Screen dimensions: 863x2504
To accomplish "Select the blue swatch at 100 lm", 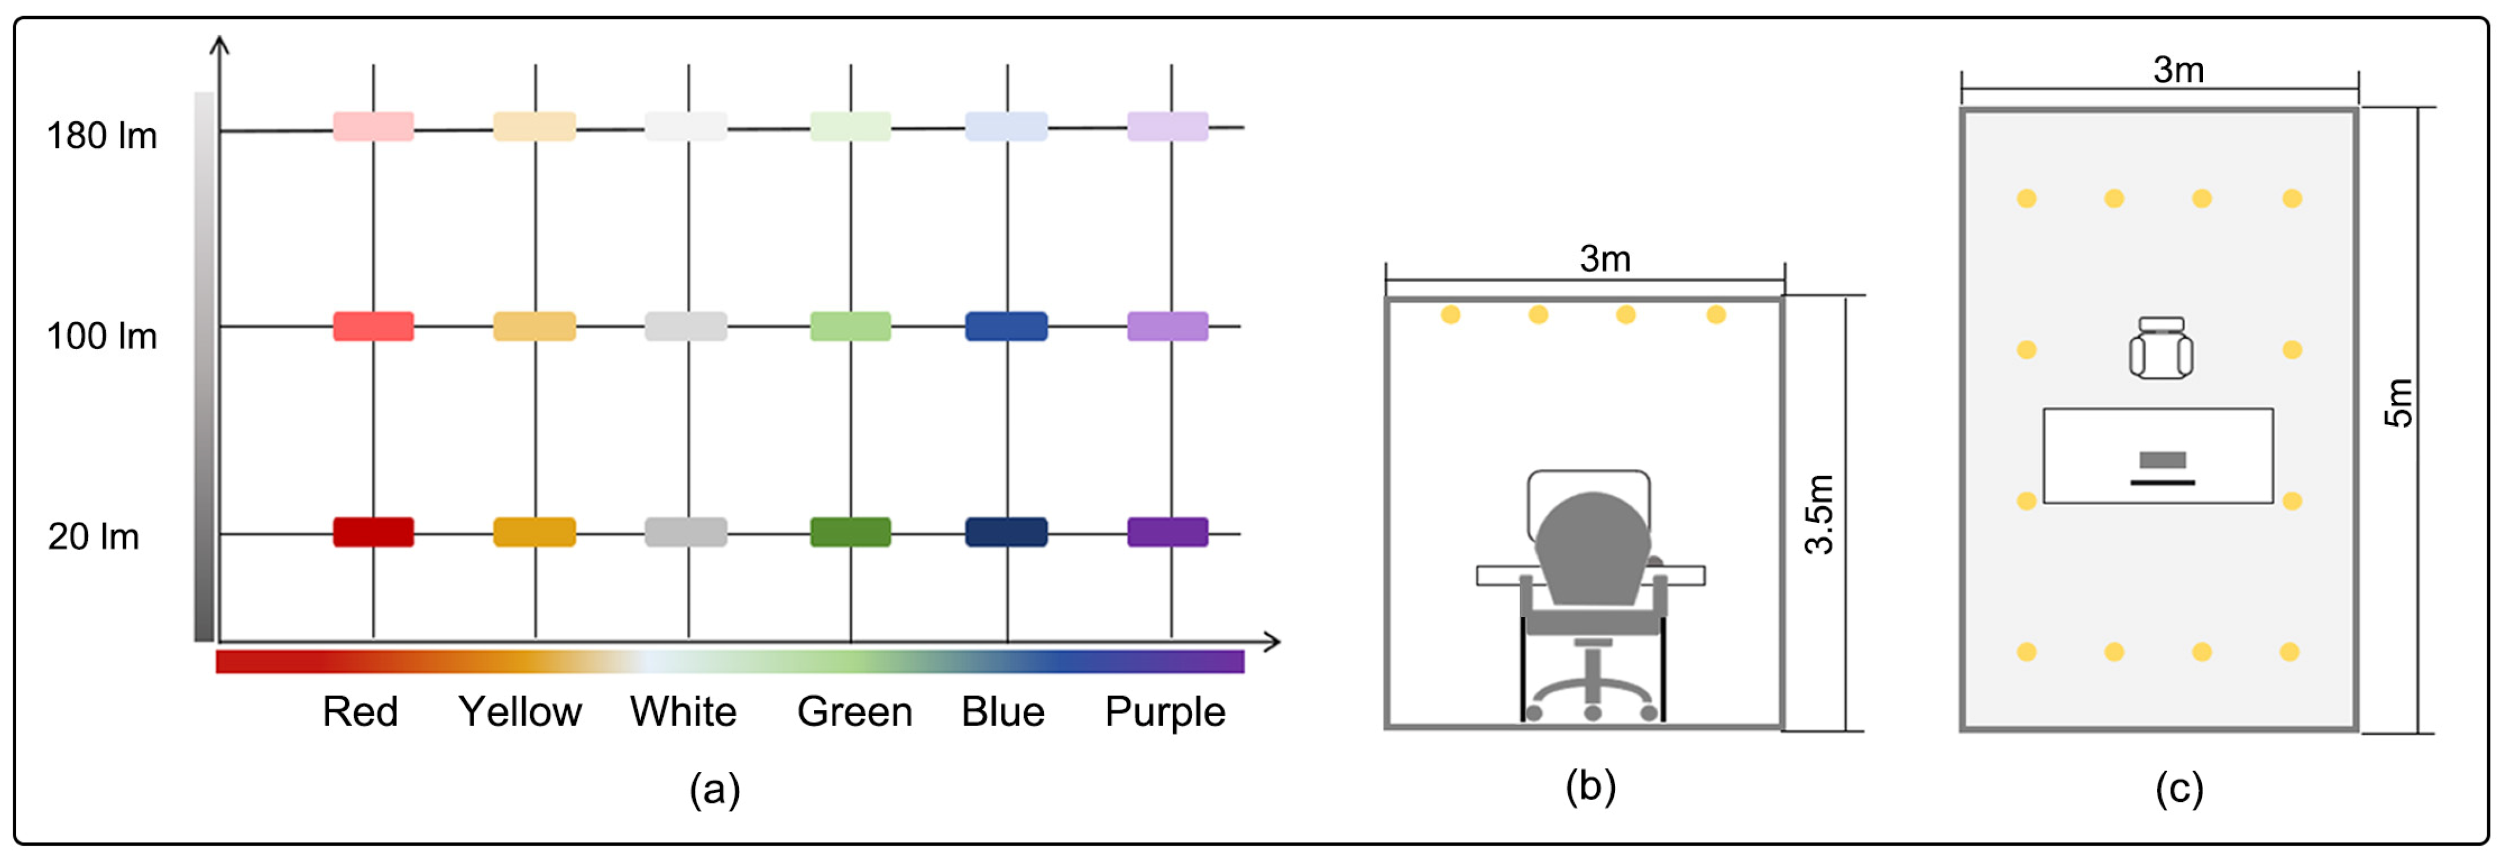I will pyautogui.click(x=1006, y=327).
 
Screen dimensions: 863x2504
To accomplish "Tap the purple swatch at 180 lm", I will pyautogui.click(x=1167, y=126).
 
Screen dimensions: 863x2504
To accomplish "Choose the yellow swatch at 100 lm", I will pyautogui.click(x=535, y=327).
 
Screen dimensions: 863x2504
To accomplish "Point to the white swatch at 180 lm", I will pyautogui.click(x=686, y=126).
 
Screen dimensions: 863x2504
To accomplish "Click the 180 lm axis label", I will pyautogui.click(x=102, y=136).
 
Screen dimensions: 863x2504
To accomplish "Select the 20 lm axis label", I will pyautogui.click(x=94, y=536).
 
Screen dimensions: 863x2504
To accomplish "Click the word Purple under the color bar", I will pyautogui.click(x=1164, y=712).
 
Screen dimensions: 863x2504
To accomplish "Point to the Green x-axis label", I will pyautogui.click(x=854, y=712).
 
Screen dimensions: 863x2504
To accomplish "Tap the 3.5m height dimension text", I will pyautogui.click(x=1819, y=514).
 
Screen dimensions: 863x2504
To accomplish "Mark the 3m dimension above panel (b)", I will pyautogui.click(x=1605, y=259).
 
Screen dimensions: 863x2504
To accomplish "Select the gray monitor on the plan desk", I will pyautogui.click(x=2163, y=459).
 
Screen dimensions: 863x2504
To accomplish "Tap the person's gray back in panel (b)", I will pyautogui.click(x=1592, y=549).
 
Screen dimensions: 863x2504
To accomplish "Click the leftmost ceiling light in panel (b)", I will pyautogui.click(x=1450, y=315).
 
